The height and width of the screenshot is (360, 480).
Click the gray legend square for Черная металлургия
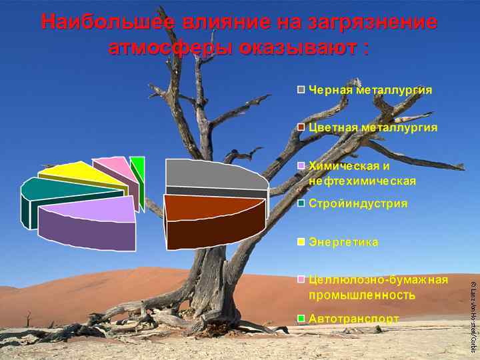click(x=301, y=90)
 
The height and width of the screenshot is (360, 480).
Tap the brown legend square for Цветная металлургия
click(x=301, y=127)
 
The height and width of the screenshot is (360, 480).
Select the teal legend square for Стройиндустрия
click(x=301, y=203)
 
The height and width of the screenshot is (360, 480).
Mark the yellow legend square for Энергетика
click(x=301, y=242)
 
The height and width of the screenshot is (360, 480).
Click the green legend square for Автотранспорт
click(x=301, y=319)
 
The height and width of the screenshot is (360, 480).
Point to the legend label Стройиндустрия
click(x=357, y=203)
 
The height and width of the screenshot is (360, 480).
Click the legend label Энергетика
click(x=343, y=242)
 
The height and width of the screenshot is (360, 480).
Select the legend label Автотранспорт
click(x=353, y=319)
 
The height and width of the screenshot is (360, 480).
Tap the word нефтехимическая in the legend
click(x=362, y=181)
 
